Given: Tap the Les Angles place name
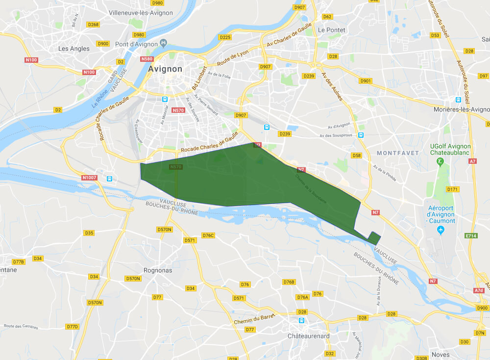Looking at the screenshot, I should (74, 49).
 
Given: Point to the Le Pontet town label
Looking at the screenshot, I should (332, 30).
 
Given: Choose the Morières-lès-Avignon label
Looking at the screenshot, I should (461, 109).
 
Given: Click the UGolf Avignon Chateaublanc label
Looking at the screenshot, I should (450, 150).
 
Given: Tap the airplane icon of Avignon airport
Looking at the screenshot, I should (441, 230).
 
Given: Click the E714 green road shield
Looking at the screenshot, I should (471, 236).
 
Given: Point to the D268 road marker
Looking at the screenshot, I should (93, 24).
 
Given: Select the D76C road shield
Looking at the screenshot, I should (208, 235).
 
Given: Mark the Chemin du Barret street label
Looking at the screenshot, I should (255, 319).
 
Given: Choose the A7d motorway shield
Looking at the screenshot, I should (479, 290).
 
